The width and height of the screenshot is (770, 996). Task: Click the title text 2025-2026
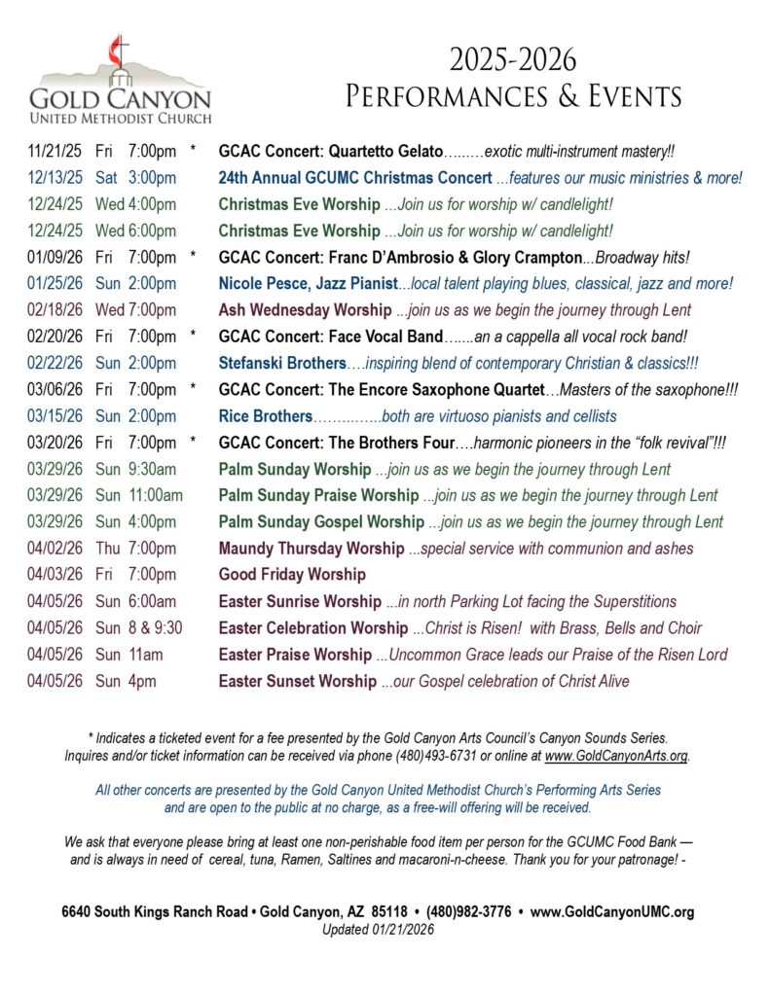[x=512, y=60]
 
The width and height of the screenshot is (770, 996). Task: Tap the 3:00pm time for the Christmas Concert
[x=152, y=178]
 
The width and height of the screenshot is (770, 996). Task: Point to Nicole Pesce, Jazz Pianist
[x=308, y=283]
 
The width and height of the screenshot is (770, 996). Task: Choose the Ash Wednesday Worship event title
[x=306, y=310]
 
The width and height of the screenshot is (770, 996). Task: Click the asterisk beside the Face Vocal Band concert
[x=194, y=337]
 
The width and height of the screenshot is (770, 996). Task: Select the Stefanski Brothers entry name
[x=281, y=363]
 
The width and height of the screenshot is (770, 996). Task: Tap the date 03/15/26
[x=55, y=416]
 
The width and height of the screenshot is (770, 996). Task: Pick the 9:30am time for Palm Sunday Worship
[x=153, y=469]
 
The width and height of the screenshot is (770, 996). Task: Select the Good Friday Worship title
[x=291, y=574]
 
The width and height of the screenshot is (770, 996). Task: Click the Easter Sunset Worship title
[x=297, y=681]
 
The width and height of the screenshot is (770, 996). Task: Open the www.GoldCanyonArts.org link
[x=616, y=756]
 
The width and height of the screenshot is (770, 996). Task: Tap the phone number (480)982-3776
[x=468, y=912]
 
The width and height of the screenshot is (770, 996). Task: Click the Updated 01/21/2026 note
[x=378, y=929]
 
